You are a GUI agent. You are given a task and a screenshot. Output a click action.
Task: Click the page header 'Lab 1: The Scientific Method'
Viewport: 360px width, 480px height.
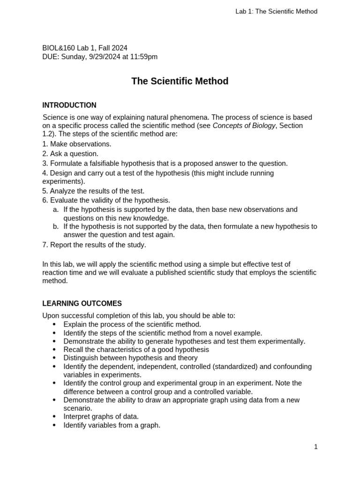pos(276,11)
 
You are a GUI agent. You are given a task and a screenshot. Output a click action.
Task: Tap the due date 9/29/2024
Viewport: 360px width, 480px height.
pos(105,57)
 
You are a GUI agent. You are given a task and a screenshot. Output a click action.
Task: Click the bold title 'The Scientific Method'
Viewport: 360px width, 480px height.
pos(180,81)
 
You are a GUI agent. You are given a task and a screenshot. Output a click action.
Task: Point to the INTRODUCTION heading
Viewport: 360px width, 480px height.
pos(69,105)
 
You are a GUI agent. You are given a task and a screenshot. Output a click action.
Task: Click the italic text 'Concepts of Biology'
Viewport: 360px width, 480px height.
pos(244,126)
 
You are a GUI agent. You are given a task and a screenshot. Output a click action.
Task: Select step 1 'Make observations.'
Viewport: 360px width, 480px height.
pos(77,144)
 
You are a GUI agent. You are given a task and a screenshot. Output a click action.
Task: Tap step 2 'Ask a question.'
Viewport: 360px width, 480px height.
pos(70,154)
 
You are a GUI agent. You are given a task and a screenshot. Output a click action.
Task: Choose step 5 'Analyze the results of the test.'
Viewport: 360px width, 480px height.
pos(93,191)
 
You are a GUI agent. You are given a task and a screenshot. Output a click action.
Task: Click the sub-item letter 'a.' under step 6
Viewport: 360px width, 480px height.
pos(56,210)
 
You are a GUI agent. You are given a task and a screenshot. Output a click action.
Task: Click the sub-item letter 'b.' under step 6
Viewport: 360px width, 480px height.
pos(56,226)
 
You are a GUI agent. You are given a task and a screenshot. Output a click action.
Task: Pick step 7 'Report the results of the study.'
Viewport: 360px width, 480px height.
pos(94,245)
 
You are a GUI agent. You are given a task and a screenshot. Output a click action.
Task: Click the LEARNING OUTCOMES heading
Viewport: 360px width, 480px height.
pos(82,303)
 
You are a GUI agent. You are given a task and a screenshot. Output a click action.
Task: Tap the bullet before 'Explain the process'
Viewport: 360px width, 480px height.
pos(54,324)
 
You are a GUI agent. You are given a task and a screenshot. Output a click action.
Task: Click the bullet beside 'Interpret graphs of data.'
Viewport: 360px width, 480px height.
pos(54,416)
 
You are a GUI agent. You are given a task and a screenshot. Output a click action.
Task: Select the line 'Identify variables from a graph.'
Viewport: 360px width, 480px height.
pos(112,425)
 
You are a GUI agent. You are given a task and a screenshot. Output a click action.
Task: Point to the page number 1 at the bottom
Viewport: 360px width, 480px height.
pos(316,447)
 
